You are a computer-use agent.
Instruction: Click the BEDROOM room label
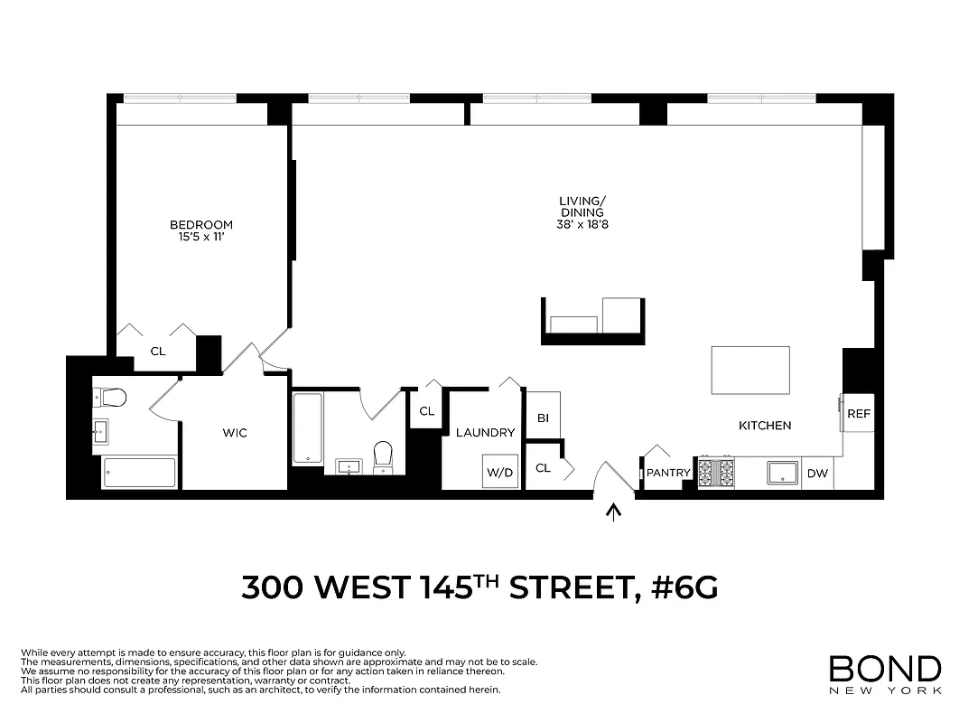201,225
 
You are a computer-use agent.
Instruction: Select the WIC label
235,433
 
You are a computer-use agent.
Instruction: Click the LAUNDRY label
485,433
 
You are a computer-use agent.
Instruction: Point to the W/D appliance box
499,473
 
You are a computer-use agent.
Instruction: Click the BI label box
543,418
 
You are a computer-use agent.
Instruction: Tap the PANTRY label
668,473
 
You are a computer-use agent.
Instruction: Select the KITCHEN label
765,426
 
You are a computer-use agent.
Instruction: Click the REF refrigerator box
859,414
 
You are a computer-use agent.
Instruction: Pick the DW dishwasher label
816,473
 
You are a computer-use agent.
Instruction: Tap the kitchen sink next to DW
782,473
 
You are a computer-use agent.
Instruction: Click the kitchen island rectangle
750,371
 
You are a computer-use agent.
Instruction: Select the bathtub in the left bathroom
139,473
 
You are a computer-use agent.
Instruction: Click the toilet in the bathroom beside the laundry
383,455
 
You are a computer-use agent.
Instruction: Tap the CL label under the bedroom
158,352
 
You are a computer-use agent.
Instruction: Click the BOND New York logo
884,674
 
